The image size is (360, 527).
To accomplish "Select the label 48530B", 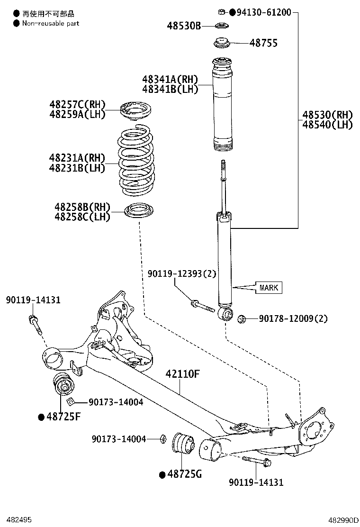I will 184,26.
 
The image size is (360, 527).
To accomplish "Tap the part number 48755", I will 263,43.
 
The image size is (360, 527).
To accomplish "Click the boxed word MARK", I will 269,287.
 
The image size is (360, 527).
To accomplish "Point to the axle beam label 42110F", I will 182,374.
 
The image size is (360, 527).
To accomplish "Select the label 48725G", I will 184,473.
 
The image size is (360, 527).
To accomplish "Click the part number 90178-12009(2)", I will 293,318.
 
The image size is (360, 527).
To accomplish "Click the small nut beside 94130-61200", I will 221,11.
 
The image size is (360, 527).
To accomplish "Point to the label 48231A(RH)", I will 76,158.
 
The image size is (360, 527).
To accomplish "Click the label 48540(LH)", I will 328,125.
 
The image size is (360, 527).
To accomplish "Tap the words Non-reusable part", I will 51,23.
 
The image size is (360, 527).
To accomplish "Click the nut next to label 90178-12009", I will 241,318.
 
